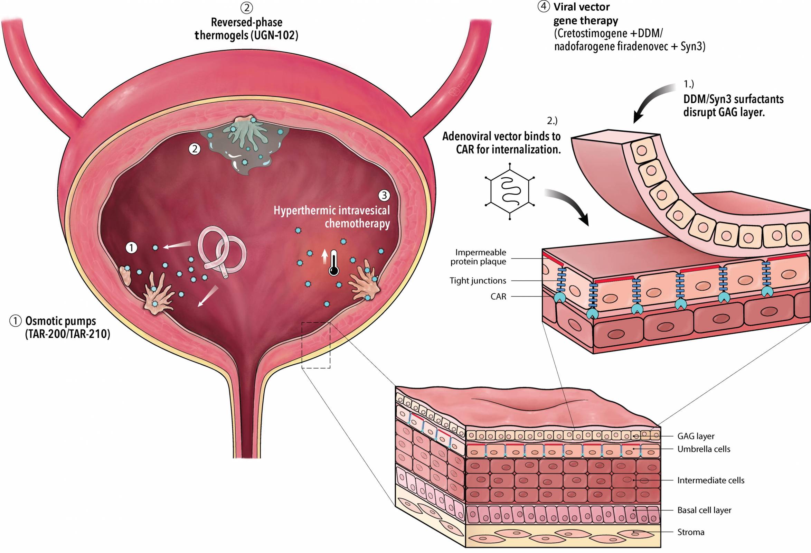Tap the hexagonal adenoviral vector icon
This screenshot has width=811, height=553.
coord(510,191)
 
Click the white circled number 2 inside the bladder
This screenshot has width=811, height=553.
coord(195,149)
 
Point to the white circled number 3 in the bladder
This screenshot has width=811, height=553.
coord(384,195)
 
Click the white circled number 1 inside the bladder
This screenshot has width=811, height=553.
coord(131,248)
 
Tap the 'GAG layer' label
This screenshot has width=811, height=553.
coord(696,436)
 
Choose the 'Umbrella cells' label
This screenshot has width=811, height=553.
coord(704,449)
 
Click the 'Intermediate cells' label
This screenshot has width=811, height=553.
coord(710,480)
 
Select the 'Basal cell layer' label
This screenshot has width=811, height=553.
coord(704,510)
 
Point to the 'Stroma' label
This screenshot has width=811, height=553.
coord(691,532)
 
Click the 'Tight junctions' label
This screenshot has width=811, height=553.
coord(478,280)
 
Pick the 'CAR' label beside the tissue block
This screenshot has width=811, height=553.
coord(498,297)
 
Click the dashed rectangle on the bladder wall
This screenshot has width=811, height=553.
coord(316,345)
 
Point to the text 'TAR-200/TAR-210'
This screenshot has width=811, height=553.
coord(67,334)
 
